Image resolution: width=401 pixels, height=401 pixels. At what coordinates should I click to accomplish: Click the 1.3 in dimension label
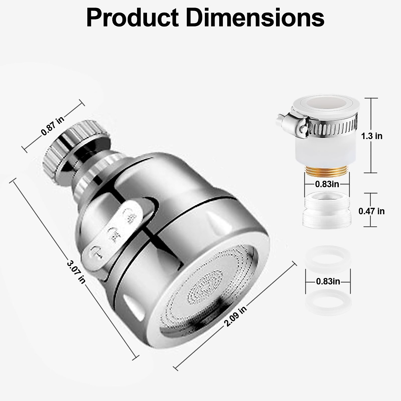(372, 136)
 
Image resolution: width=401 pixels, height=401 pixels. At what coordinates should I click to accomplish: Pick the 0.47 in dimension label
(371, 211)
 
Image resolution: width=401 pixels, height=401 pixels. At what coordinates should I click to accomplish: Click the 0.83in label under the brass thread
(327, 184)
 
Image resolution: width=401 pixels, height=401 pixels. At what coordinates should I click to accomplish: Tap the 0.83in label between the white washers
(328, 281)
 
